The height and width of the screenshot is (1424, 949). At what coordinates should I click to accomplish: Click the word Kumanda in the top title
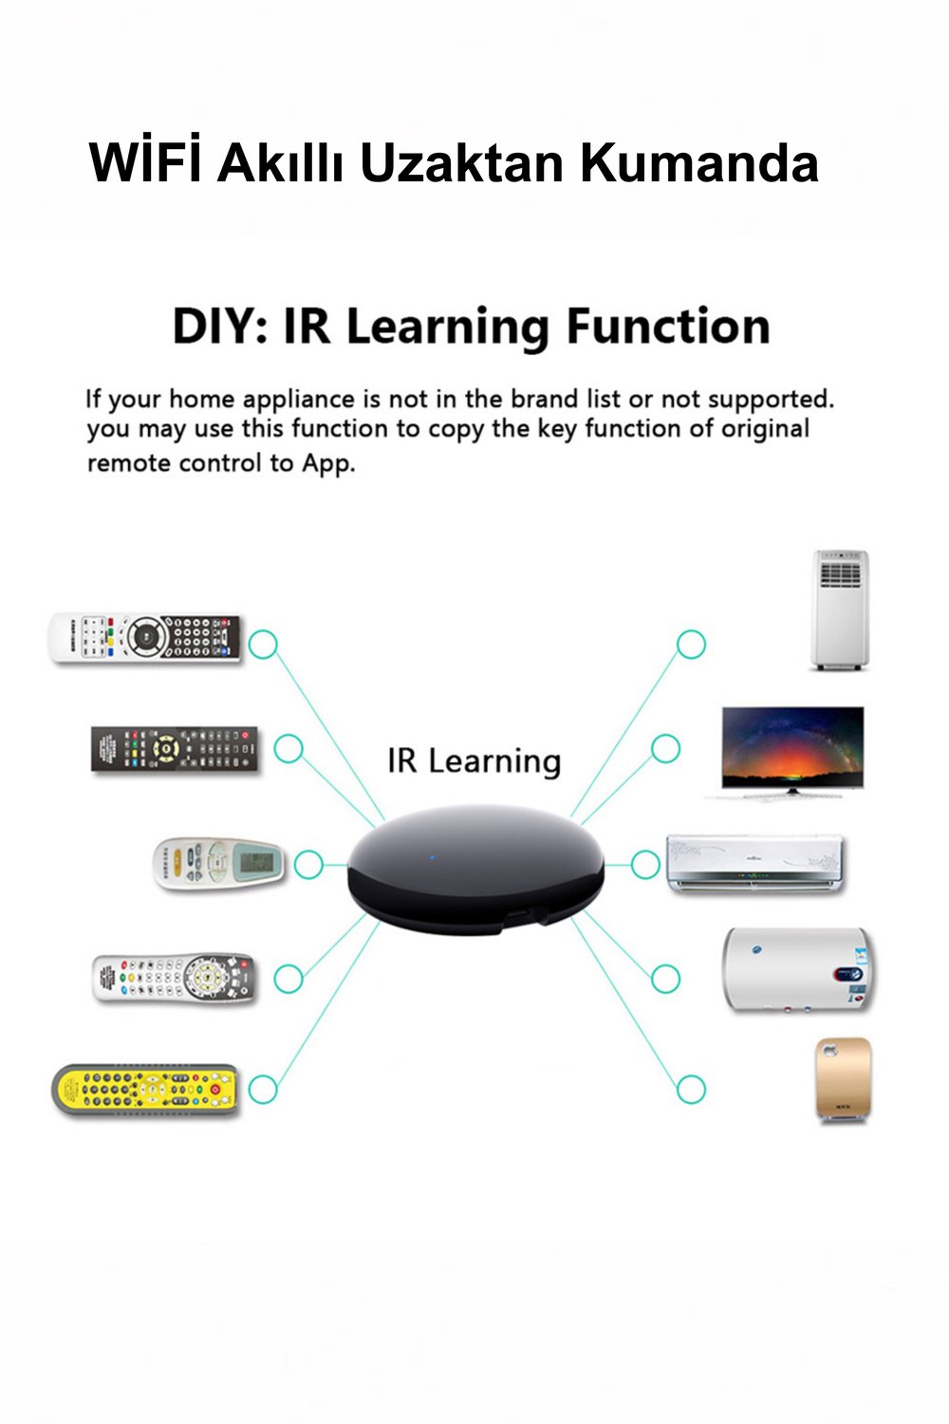click(699, 162)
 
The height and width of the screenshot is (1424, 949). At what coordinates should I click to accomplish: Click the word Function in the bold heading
click(667, 327)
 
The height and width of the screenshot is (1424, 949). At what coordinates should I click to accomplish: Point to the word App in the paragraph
click(327, 464)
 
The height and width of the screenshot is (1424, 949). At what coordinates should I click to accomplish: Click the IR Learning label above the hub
click(474, 761)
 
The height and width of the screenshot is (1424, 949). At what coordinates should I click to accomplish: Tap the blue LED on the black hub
click(432, 857)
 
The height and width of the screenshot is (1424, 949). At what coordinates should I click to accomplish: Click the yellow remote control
click(145, 1090)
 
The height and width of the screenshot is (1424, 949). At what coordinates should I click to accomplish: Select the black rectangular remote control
click(175, 750)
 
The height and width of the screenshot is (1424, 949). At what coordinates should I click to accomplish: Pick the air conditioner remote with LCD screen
click(219, 863)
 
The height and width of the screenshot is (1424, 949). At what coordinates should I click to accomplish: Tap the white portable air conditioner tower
click(840, 609)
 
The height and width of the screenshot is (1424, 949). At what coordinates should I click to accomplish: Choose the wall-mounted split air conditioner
click(755, 863)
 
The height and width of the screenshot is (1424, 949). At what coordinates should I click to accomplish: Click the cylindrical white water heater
click(799, 970)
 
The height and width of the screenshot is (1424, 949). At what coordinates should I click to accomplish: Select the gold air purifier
click(844, 1079)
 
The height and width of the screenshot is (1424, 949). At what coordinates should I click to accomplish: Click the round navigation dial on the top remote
click(147, 636)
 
